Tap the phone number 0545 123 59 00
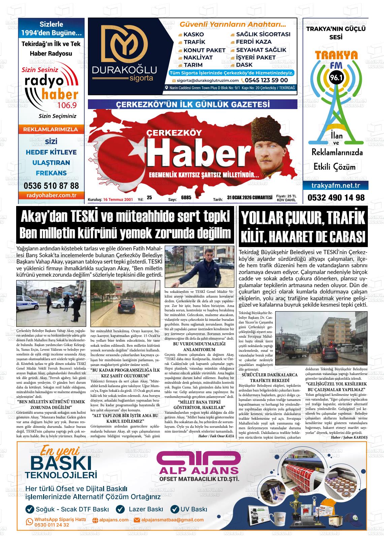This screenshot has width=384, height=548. pyautogui.click(x=266, y=80)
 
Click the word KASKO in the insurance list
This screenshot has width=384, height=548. pyautogui.click(x=194, y=34)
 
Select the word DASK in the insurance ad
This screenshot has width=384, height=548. pyautogui.click(x=244, y=65)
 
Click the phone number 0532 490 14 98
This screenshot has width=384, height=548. pyautogui.click(x=336, y=198)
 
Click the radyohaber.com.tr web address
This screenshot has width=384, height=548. pyautogui.click(x=51, y=195)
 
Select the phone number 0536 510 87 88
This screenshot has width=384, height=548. pyautogui.click(x=51, y=185)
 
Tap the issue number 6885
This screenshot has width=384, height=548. pyautogui.click(x=186, y=198)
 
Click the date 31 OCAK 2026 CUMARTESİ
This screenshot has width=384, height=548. pyautogui.click(x=250, y=198)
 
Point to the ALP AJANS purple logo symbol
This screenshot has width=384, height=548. pyautogui.click(x=199, y=460)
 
